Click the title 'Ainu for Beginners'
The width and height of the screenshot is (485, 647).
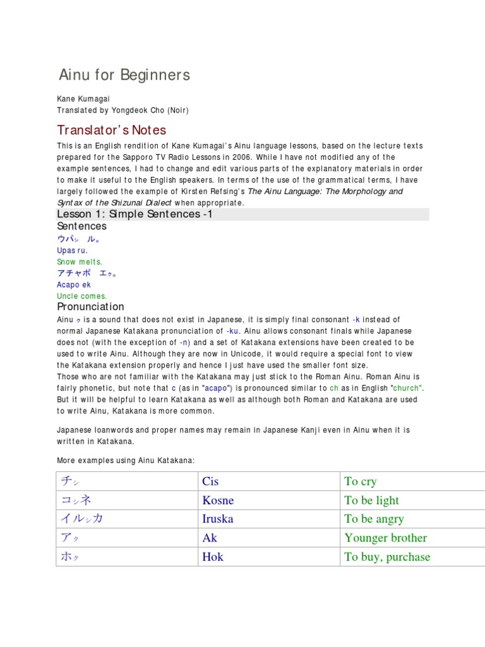point(124,75)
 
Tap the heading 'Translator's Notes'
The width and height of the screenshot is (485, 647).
point(111,130)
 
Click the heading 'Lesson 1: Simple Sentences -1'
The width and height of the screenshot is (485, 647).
point(135,214)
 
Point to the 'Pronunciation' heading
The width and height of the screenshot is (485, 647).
point(90,307)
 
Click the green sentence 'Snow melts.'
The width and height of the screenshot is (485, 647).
point(79,262)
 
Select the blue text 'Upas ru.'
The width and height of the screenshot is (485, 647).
point(72,250)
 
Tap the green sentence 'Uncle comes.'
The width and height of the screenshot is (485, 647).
point(81,296)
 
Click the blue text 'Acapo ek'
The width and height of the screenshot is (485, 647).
point(74,284)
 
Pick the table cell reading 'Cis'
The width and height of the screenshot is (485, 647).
point(210,481)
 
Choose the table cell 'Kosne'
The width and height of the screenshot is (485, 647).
point(218,500)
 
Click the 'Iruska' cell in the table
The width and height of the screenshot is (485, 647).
point(217,519)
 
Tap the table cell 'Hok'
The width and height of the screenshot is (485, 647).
point(213,557)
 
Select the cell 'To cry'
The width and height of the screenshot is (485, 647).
point(360,481)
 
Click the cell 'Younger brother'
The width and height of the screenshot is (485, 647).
point(385,538)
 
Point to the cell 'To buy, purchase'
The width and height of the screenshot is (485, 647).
point(387,557)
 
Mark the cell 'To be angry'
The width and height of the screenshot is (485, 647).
point(374,519)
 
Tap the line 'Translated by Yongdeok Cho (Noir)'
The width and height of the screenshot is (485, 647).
point(123,111)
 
